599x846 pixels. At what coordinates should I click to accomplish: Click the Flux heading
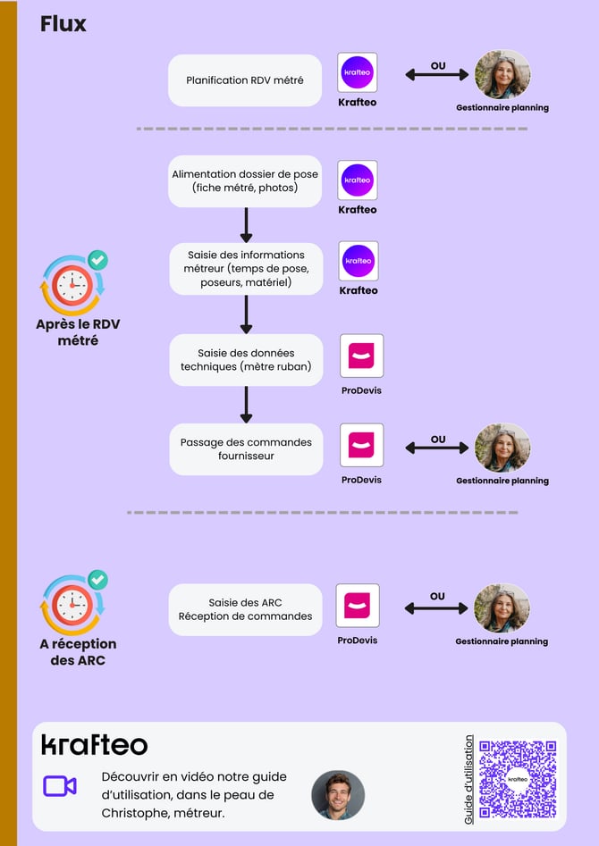coord(63,24)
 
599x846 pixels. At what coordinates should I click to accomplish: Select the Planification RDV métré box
coord(245,80)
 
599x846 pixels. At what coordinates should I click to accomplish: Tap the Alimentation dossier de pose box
coord(245,181)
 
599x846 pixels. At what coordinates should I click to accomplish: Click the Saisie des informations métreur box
coord(246,269)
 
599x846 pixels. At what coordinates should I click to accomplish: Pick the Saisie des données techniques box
coord(246,360)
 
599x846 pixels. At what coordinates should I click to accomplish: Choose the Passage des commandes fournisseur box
coord(246,448)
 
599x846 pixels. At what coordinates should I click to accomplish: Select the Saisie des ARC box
coord(245,609)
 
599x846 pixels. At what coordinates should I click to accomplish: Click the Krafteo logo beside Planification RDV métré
coord(357,72)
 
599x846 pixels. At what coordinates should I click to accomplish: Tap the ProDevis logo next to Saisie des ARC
coord(358,606)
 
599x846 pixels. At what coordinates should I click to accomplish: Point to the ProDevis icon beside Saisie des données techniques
coord(362,356)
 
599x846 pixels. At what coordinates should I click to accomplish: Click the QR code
coord(518,779)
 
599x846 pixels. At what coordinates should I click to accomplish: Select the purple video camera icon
coord(60,786)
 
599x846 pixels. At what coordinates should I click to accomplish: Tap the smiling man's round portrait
coord(338,795)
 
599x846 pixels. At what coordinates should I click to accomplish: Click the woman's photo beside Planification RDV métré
coord(502,74)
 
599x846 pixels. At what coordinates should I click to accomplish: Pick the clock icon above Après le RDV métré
coord(72,285)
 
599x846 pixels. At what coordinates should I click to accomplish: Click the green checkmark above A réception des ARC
coord(97,580)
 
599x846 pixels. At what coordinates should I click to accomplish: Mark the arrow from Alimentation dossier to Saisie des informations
coord(246,225)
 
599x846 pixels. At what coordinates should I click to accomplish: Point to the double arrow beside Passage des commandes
coord(437,448)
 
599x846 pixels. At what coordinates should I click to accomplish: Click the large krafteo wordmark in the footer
coord(95,745)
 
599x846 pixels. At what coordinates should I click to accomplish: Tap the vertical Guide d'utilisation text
coord(468,780)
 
